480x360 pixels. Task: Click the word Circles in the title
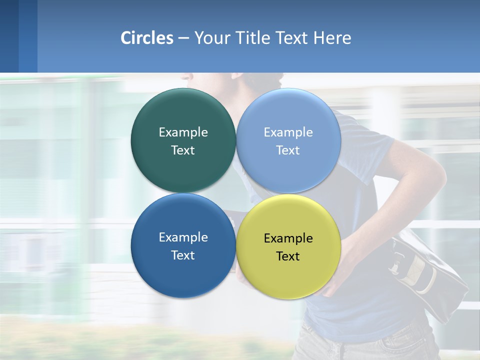[x=146, y=38]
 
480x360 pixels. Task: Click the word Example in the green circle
[x=183, y=132]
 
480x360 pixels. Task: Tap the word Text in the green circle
[x=183, y=150]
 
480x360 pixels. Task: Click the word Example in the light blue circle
[x=288, y=132]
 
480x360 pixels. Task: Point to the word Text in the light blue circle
[x=288, y=150]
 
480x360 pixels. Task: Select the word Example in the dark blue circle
[x=183, y=237]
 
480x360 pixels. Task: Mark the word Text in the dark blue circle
[x=183, y=255]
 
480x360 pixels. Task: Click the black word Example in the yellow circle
[x=288, y=238]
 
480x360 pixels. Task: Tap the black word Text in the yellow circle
[x=288, y=256]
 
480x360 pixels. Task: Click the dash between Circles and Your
[x=183, y=38]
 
